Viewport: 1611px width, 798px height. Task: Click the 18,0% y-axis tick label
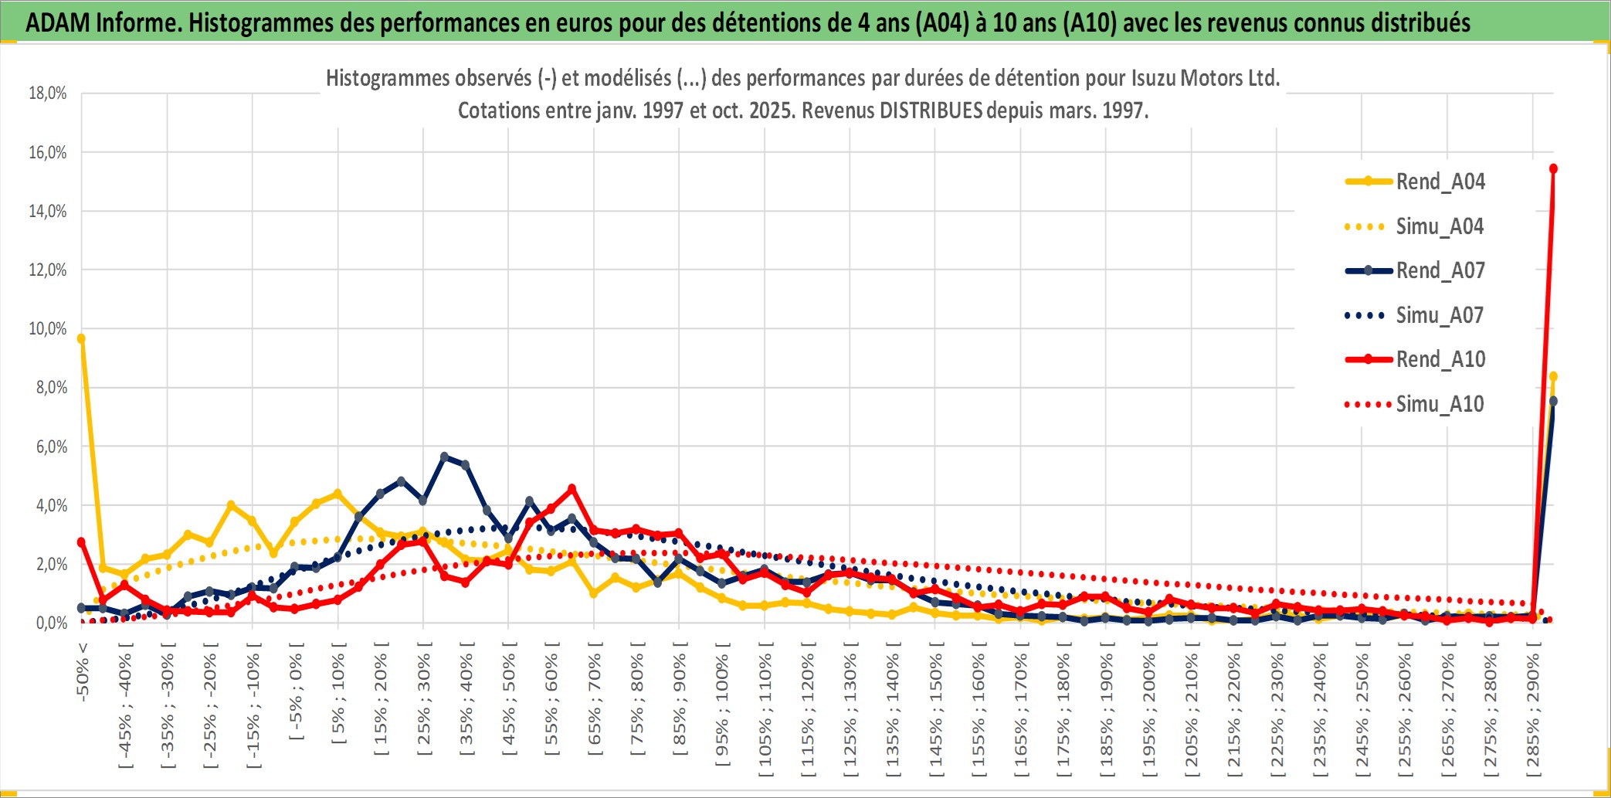(48, 93)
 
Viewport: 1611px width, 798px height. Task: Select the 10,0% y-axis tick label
(48, 329)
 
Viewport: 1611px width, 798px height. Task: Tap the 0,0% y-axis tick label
(51, 623)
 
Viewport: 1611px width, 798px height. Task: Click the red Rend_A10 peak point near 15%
(1553, 168)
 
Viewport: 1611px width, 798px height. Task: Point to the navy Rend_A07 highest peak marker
(444, 457)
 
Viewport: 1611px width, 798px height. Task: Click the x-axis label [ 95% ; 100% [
(722, 709)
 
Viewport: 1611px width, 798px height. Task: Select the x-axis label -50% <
(83, 672)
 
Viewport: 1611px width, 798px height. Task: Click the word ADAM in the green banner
(59, 22)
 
